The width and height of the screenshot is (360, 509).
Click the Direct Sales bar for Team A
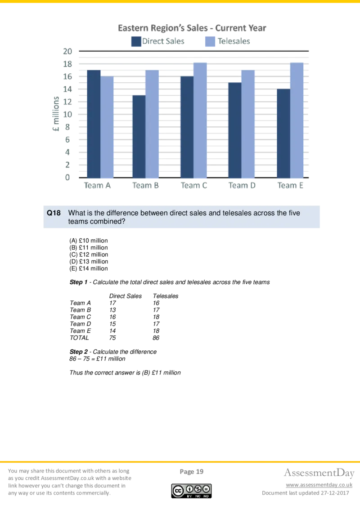[94, 124]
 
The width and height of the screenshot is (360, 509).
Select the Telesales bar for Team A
[107, 127]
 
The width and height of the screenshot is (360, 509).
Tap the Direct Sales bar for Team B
[139, 136]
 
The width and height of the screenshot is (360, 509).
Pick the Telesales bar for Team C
[200, 120]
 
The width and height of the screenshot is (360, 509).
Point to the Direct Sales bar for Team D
[234, 130]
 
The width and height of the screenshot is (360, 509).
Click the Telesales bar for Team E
[297, 120]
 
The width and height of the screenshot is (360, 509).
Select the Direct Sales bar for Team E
[283, 133]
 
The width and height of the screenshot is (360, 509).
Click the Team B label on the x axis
[146, 185]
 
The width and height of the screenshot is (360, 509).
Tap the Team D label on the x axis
[242, 185]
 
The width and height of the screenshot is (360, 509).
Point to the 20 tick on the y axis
[67, 52]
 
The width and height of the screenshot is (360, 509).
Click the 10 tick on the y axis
[67, 115]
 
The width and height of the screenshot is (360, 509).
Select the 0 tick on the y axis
[68, 178]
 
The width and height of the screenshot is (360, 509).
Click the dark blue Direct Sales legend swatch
[135, 42]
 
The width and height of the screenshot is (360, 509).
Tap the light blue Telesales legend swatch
[210, 42]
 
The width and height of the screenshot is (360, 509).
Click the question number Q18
[54, 213]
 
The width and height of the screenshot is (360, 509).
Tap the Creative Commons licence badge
[191, 490]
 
